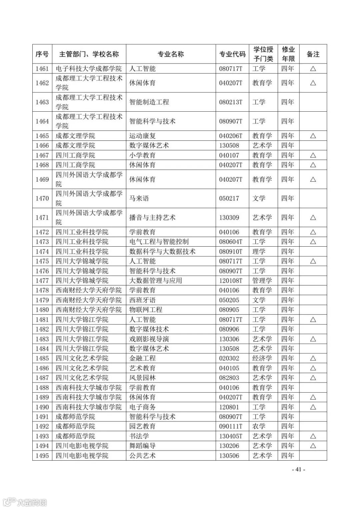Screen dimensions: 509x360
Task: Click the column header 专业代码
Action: coord(232,54)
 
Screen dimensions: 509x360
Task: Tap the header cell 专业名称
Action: coord(171,54)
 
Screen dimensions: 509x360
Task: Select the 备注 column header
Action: coord(313,54)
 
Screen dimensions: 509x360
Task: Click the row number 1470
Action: coord(42,198)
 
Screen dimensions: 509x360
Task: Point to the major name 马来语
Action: coord(139,198)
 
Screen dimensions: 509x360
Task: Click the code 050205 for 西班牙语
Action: coord(229,300)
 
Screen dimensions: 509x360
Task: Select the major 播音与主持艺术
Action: coord(152,218)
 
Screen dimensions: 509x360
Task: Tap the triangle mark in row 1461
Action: coord(313,69)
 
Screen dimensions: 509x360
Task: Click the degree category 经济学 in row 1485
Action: coord(262,358)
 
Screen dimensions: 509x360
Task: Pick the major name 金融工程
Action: coord(142,358)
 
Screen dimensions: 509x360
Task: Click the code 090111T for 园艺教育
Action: coord(231,426)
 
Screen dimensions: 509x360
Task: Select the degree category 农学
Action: coord(259,426)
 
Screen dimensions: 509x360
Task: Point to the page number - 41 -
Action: coord(298,469)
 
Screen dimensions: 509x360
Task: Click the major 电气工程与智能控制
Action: coord(159,242)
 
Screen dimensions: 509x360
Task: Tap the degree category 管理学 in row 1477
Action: coord(262,281)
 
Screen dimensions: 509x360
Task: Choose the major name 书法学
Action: coord(139,436)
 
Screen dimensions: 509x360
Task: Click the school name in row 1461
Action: coord(89,69)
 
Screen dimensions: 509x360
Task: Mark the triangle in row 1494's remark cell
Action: coord(313,446)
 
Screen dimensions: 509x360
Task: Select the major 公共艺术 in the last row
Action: coord(142,456)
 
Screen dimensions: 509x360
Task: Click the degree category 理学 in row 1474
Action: coord(259,251)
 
